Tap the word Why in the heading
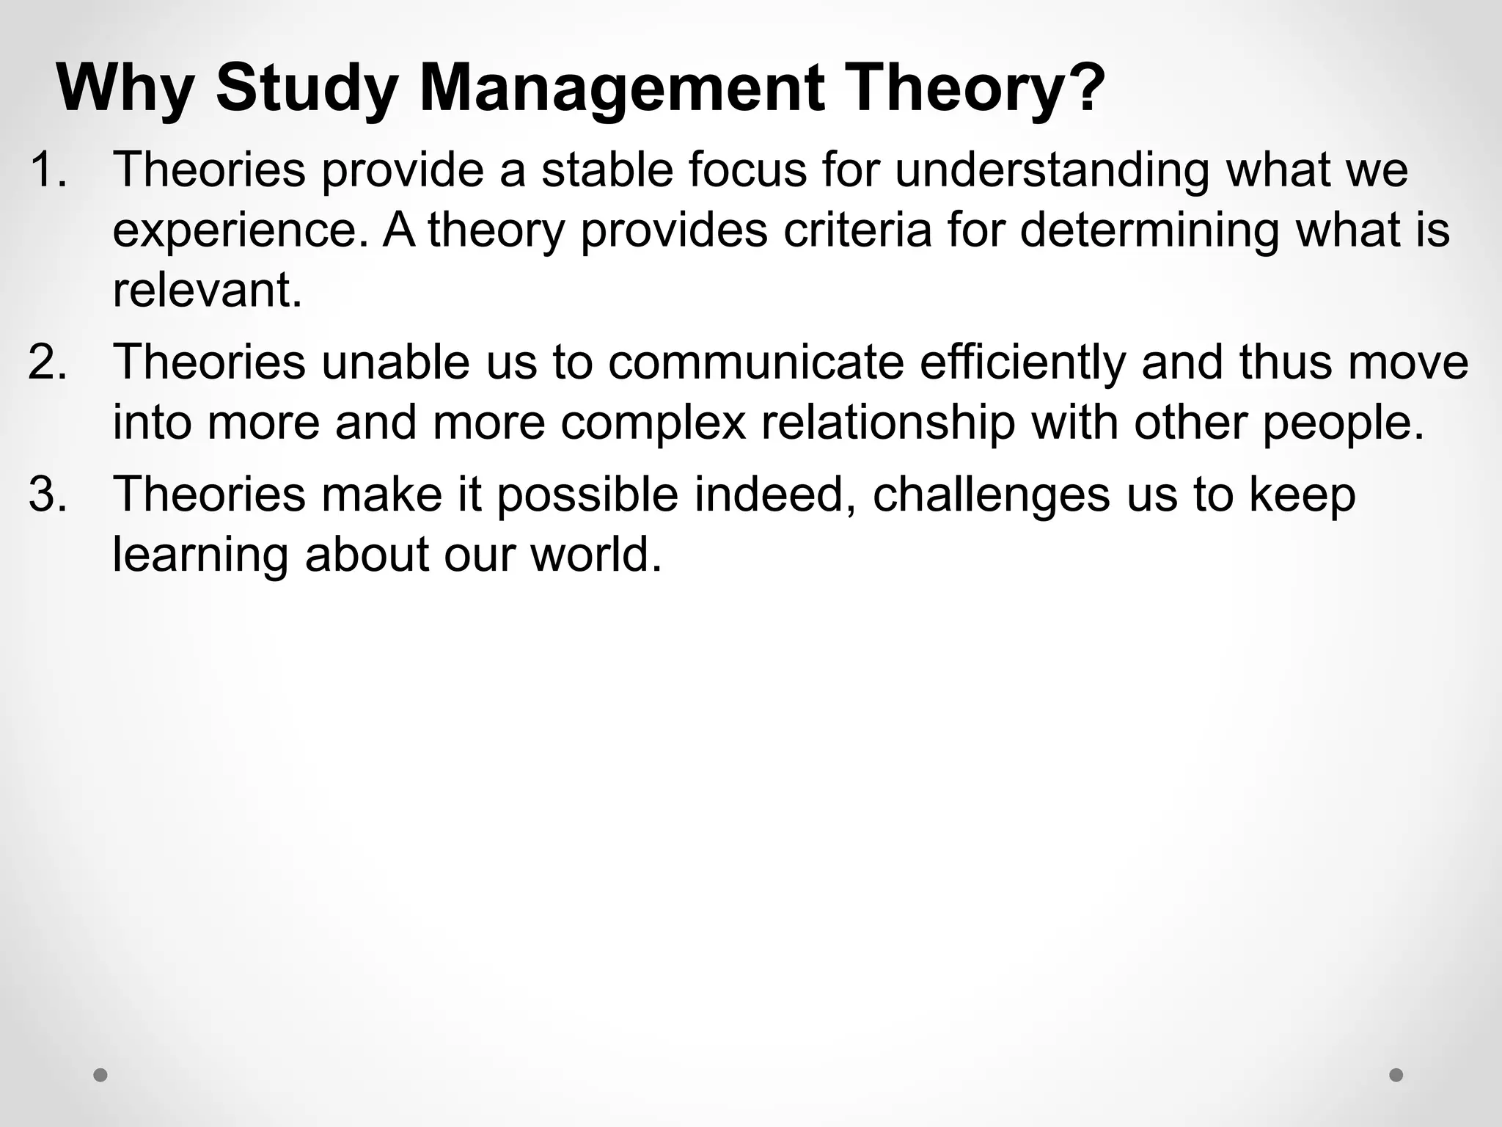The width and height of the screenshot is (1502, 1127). click(x=125, y=90)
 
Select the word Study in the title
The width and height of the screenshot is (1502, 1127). click(x=307, y=90)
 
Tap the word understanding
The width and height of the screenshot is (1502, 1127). click(x=1051, y=171)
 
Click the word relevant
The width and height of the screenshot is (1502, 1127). click(x=208, y=290)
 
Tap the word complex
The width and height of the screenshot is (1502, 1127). click(x=653, y=423)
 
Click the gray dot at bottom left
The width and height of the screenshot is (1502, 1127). click(x=100, y=1076)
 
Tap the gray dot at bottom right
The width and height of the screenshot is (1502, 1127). click(x=1396, y=1075)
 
